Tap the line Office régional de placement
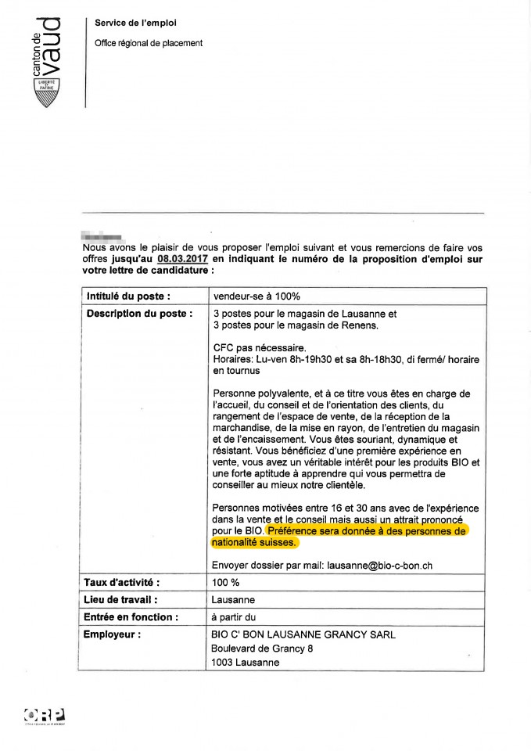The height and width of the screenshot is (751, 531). point(149,43)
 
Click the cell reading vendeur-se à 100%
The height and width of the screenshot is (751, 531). point(257,296)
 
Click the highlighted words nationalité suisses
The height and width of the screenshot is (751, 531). point(254,542)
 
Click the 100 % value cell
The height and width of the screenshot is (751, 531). point(225,583)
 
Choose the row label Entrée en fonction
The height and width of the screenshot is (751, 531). point(131,617)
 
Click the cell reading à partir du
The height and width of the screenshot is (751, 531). point(235,617)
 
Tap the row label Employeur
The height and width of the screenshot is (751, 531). point(113,634)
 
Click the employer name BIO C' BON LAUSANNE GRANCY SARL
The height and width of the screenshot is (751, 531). point(303,634)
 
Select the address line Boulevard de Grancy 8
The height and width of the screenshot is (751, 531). point(262,649)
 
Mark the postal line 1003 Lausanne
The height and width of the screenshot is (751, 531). point(246,663)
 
